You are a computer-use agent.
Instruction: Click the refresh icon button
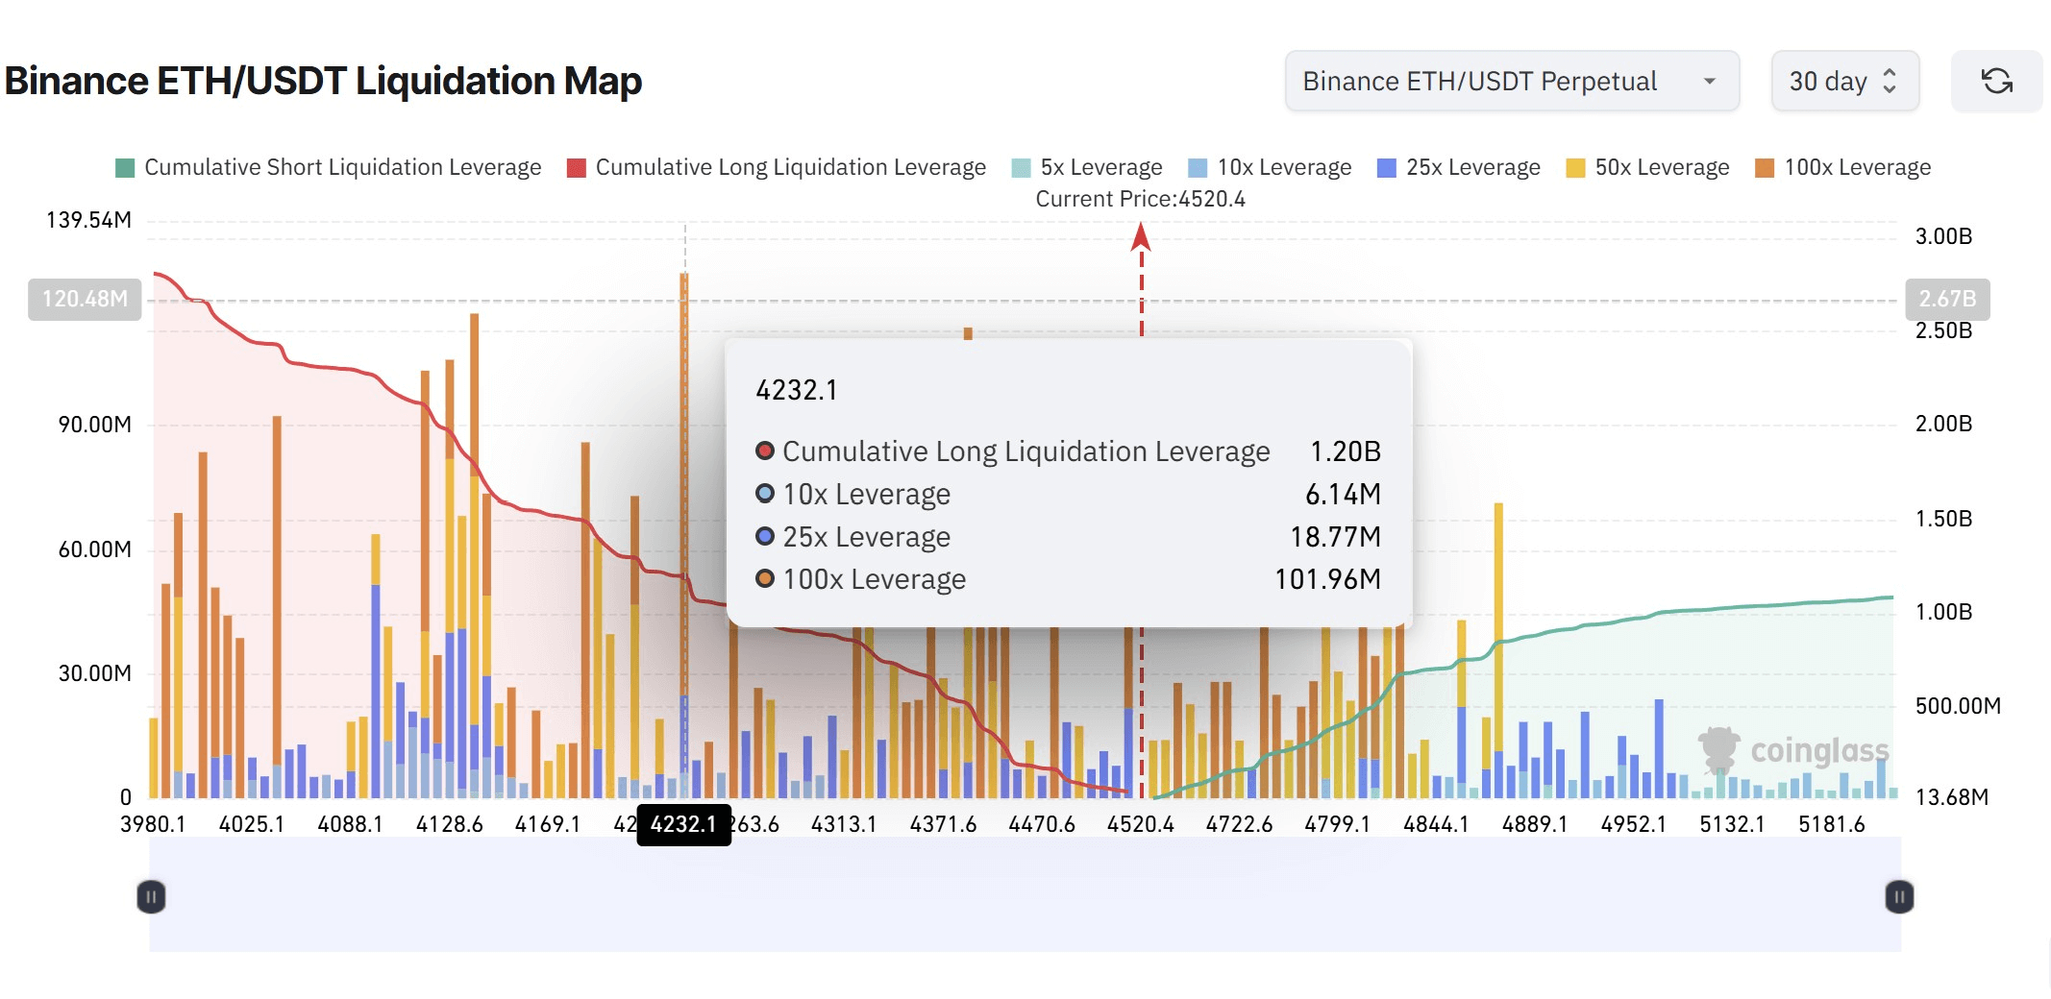click(1996, 82)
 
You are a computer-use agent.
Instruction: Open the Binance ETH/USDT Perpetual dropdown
click(1511, 82)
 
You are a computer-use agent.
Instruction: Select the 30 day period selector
click(1843, 82)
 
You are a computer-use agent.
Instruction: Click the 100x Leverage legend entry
click(1842, 168)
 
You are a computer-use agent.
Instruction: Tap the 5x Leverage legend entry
click(1087, 168)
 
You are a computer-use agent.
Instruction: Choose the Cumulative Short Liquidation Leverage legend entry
click(328, 168)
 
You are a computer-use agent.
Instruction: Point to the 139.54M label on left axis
click(88, 220)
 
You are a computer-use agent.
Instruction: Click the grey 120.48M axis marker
click(85, 299)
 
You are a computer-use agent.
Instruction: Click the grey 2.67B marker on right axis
click(1947, 299)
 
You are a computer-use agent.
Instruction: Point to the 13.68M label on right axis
click(1951, 797)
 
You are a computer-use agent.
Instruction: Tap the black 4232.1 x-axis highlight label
click(683, 825)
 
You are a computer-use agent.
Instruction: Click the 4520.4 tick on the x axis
click(1140, 825)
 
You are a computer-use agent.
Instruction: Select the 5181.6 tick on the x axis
click(1831, 825)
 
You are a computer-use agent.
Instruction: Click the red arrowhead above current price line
click(1141, 236)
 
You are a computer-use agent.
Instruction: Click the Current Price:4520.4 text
click(1140, 199)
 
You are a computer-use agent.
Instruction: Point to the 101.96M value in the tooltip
click(1326, 579)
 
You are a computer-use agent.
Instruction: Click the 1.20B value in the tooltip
click(1345, 451)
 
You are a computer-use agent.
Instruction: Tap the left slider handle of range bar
click(151, 897)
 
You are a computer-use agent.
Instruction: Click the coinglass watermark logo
click(1793, 750)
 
